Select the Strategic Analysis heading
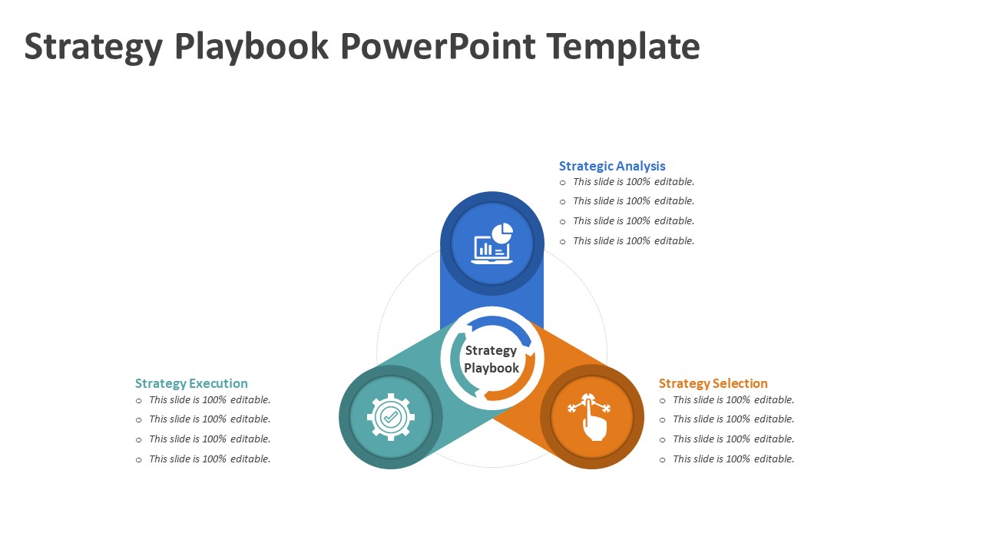click(x=612, y=166)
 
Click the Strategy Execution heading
click(x=191, y=383)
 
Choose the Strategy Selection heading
click(x=713, y=383)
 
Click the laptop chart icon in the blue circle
click(x=492, y=244)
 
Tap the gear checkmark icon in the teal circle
click(x=391, y=417)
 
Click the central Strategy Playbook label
click(x=491, y=359)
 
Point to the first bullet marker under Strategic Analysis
click(x=563, y=183)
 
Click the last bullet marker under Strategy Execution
click(x=139, y=460)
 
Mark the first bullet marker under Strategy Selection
click(x=663, y=401)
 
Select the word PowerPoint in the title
click(x=438, y=48)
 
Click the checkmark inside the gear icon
click(x=391, y=417)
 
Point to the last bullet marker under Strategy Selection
click(x=663, y=460)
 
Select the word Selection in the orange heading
click(x=740, y=383)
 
